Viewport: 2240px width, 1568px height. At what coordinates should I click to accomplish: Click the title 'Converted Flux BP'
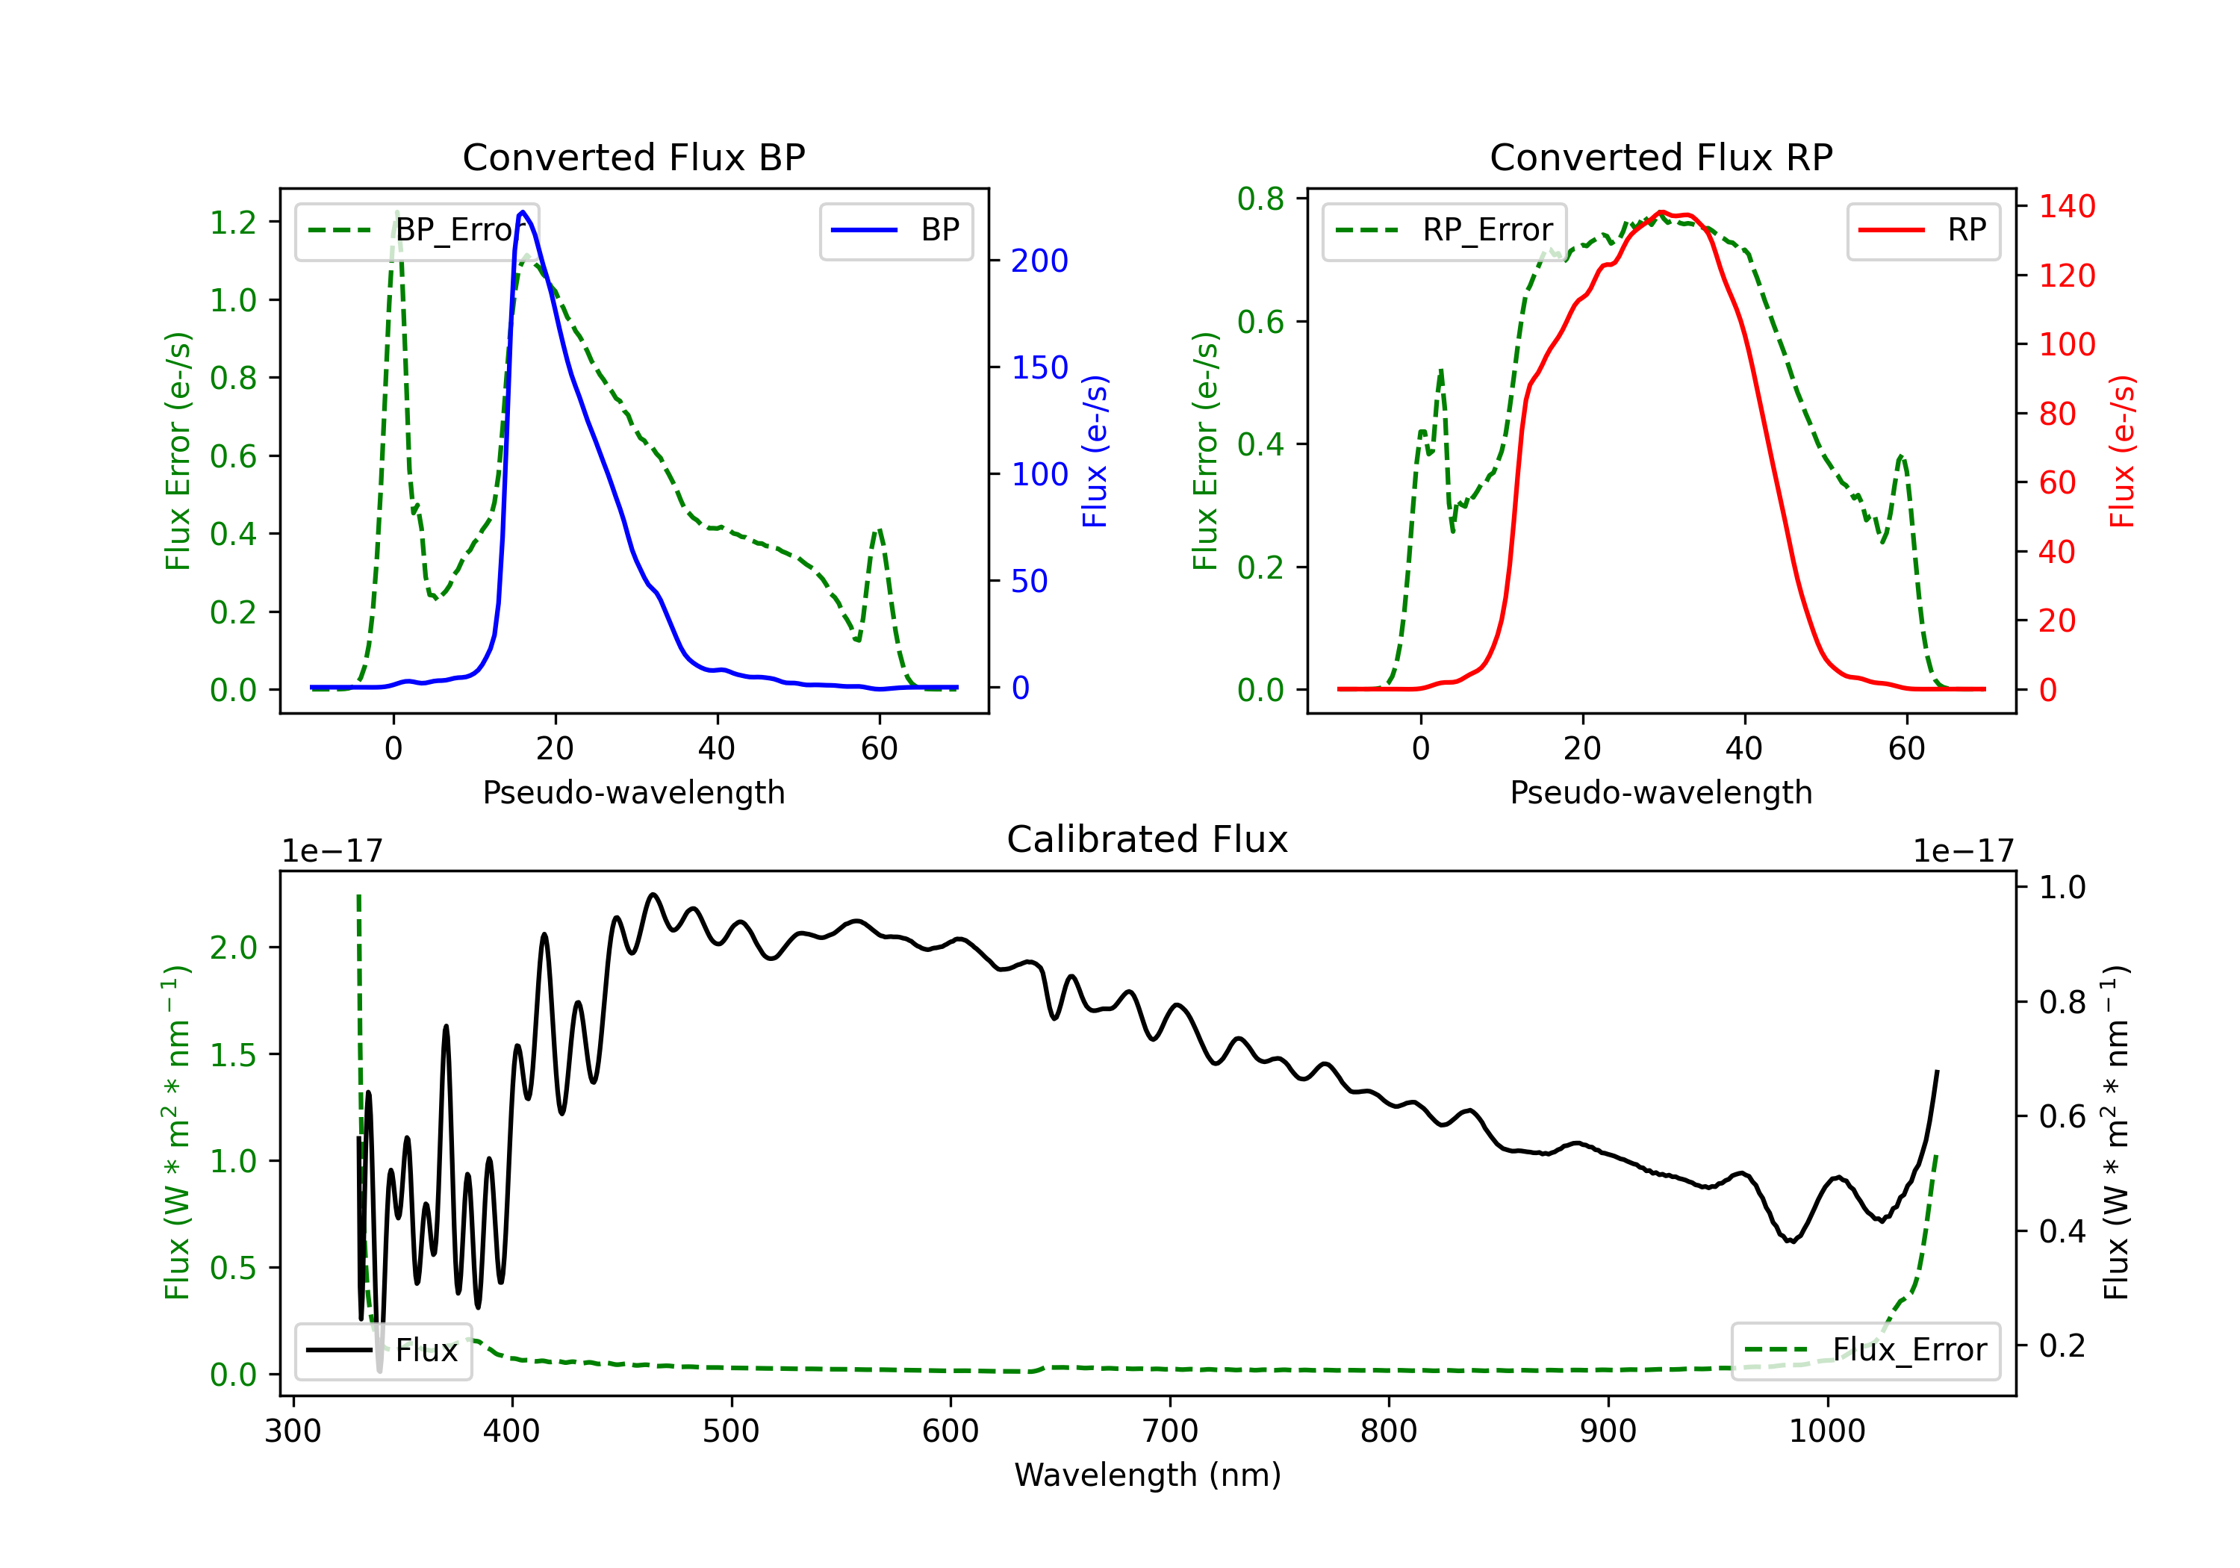coord(634,157)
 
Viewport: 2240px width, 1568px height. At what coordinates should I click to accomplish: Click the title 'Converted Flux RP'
coord(1661,157)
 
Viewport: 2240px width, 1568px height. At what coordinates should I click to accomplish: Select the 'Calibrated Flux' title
coord(1148,839)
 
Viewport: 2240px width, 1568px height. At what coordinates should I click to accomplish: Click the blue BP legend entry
coord(895,230)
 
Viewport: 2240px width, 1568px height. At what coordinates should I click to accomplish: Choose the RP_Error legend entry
coord(1444,230)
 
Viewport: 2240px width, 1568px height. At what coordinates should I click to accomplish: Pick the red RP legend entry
coord(1923,230)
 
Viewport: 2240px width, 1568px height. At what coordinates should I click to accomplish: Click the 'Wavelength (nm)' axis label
coord(1148,1475)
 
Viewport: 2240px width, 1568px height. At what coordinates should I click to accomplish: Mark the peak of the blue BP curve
coord(523,212)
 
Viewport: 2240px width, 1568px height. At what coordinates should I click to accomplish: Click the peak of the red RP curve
coord(1661,213)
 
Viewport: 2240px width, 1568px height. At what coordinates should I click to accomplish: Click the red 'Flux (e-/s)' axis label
coord(2123,452)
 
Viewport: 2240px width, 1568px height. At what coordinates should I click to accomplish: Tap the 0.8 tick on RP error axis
coord(1260,199)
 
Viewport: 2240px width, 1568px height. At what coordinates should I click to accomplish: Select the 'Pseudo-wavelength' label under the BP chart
coord(634,792)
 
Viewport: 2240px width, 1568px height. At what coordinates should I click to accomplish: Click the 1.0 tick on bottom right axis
coord(2062,887)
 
